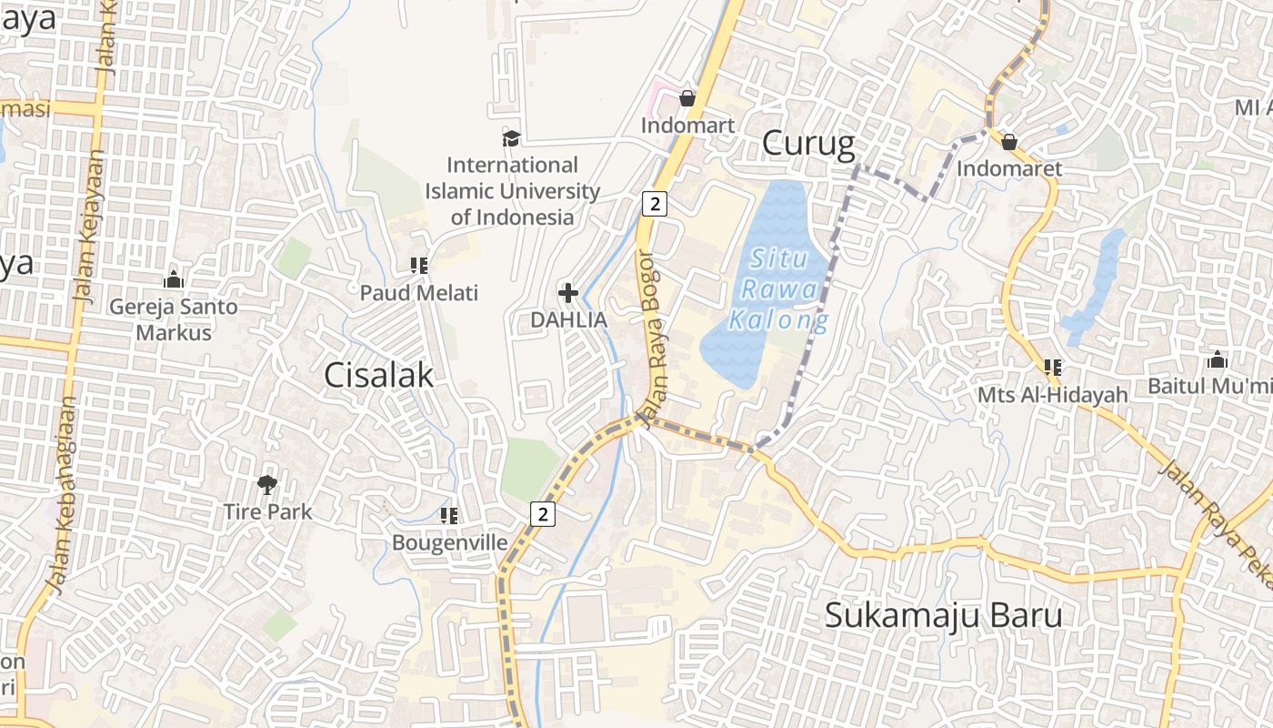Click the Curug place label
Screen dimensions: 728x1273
pos(808,144)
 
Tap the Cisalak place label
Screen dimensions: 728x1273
pos(378,374)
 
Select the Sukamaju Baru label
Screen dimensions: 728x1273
pos(943,615)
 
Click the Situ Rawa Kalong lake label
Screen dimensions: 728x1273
pos(779,289)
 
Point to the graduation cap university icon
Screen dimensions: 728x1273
pos(512,138)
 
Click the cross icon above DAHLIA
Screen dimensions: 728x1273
pos(568,293)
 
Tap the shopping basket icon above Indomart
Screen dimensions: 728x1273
pos(687,98)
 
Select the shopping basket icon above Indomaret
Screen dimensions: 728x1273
pos(1008,142)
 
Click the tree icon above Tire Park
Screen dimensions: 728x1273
pos(267,484)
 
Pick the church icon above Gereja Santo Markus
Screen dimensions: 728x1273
pos(173,278)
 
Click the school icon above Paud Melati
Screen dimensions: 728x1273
pos(418,266)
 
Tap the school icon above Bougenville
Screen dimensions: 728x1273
pos(448,516)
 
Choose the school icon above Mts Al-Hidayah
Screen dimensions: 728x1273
pos(1052,368)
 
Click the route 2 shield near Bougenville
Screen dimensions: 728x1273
pos(543,513)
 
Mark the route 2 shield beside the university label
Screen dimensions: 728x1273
pos(654,203)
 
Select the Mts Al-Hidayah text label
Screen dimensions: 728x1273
pos(1052,395)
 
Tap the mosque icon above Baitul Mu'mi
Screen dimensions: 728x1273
pos(1217,359)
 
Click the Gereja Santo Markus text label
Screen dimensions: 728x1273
pos(173,319)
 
